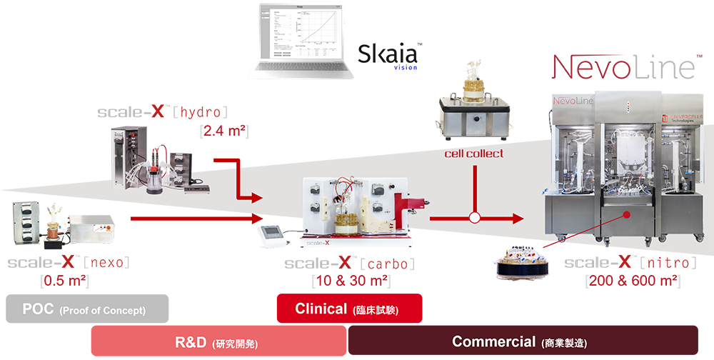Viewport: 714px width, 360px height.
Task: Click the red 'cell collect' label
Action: pos(473,153)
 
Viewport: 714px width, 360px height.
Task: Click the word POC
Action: pos(38,310)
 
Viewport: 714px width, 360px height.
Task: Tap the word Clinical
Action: pos(321,309)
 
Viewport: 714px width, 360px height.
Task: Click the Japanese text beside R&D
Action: pos(236,344)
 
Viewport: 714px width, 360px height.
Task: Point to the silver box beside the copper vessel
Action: pos(91,226)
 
